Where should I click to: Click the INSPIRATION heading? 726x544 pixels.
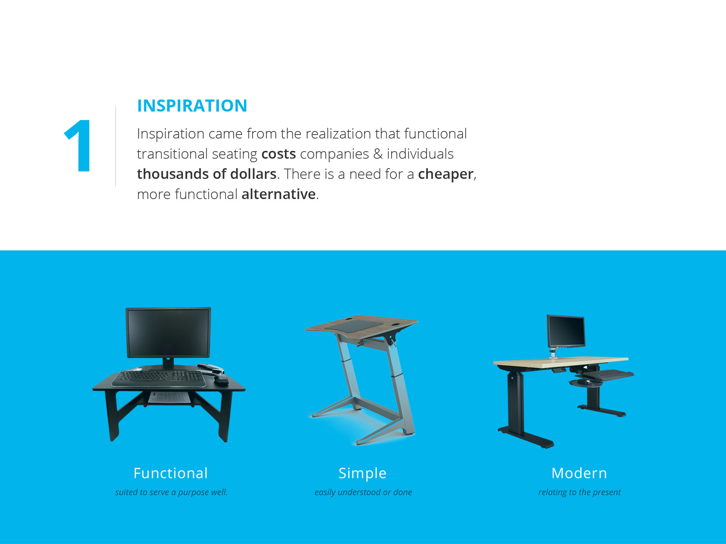tap(192, 106)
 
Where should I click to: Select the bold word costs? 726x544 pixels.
tap(279, 154)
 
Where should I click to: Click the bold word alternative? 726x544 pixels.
tap(279, 194)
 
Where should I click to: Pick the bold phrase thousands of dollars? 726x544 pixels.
tap(207, 174)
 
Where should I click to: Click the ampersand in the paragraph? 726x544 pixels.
tap(378, 154)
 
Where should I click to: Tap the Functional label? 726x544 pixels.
tap(171, 473)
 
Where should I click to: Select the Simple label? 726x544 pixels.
tap(362, 474)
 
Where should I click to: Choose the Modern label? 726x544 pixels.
tap(579, 473)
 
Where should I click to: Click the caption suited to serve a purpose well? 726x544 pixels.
tap(171, 492)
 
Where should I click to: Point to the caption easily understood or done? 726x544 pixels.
tap(363, 492)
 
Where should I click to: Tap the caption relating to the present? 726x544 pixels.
tap(580, 492)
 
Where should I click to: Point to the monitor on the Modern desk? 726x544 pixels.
tap(566, 331)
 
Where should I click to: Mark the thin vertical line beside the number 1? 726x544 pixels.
tap(116, 146)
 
